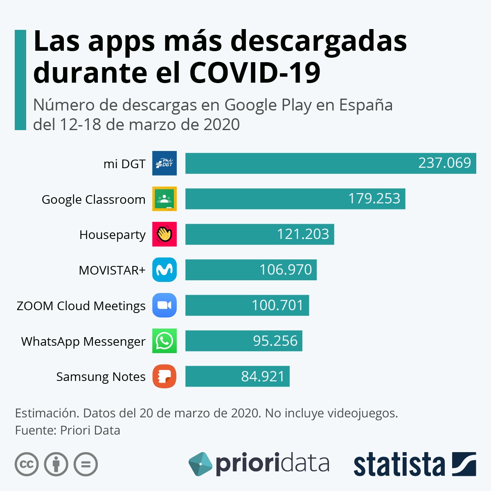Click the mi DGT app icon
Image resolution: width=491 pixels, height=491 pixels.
click(164, 163)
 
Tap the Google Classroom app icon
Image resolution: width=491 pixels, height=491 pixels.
click(164, 199)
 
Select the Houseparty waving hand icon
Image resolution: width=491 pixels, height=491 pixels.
click(164, 234)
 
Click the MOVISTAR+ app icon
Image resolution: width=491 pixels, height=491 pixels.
click(164, 270)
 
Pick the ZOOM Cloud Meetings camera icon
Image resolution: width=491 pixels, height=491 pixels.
click(164, 305)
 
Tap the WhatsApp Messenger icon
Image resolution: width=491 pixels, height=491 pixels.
click(164, 341)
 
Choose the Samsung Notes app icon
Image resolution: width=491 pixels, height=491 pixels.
click(164, 376)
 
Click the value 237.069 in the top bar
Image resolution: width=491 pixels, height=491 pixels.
click(444, 163)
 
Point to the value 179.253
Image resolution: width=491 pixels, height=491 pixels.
click(374, 199)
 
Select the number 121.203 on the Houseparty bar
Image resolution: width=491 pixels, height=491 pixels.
click(303, 234)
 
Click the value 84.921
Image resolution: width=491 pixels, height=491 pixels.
click(263, 376)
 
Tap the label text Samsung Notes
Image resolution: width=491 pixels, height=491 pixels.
click(101, 376)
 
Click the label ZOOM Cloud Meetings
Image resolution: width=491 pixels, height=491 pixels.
click(81, 306)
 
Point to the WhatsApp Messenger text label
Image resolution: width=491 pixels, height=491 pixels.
click(83, 341)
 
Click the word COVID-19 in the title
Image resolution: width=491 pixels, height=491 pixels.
click(255, 73)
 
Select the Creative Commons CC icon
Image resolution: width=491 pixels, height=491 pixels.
click(27, 464)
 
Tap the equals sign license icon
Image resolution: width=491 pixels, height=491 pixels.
click(86, 464)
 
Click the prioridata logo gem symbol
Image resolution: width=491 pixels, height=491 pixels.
click(200, 464)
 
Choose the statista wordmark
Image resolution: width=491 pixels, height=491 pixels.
click(399, 465)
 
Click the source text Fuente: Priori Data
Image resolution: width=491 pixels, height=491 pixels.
click(68, 430)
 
